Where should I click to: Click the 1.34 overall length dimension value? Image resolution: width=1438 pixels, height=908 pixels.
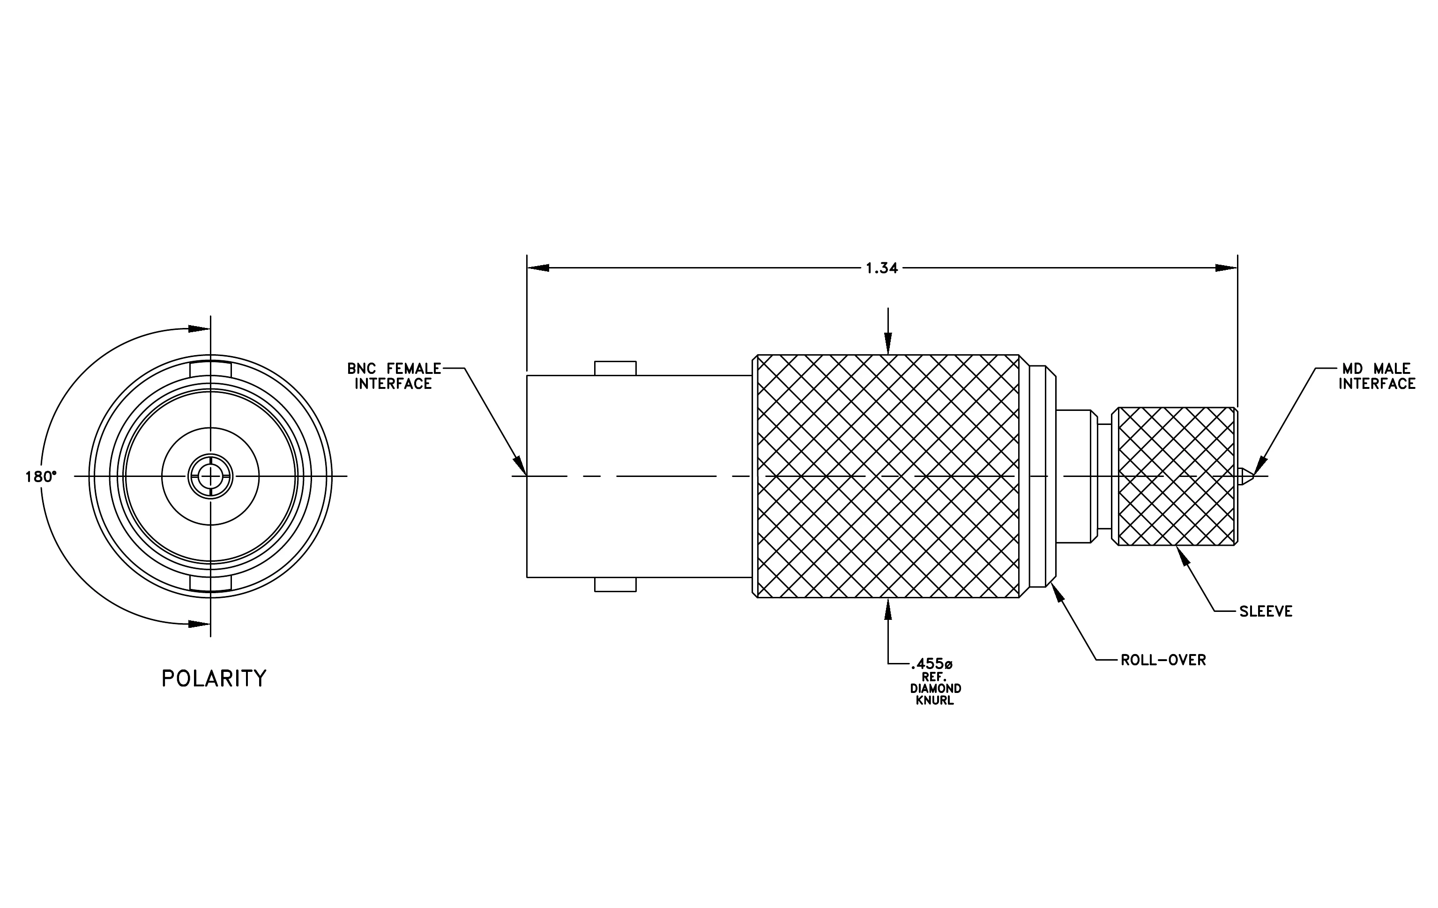881,268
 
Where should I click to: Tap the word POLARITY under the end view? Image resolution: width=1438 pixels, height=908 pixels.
214,679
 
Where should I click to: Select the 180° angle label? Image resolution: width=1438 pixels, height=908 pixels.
41,477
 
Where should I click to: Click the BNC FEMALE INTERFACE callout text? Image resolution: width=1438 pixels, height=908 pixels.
394,376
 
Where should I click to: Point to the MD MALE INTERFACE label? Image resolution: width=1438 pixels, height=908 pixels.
1377,376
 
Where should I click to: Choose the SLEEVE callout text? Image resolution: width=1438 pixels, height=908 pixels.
1266,612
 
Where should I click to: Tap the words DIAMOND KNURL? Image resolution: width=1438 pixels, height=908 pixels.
935,694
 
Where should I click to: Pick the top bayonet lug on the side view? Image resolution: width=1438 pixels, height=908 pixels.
615,368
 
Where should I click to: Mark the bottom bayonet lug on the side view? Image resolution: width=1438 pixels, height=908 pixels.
615,584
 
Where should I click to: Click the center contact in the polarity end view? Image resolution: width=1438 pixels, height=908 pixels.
210,476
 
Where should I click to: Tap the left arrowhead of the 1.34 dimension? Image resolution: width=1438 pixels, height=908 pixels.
538,268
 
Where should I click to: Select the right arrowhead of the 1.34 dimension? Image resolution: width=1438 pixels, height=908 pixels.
1227,268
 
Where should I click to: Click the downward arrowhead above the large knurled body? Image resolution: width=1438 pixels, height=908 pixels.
888,344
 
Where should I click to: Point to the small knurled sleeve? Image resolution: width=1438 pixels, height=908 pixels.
1175,476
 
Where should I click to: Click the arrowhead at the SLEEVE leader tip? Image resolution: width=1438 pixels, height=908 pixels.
1181,555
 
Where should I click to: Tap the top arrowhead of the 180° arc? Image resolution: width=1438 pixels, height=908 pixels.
199,328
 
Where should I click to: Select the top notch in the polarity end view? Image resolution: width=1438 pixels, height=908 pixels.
210,370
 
